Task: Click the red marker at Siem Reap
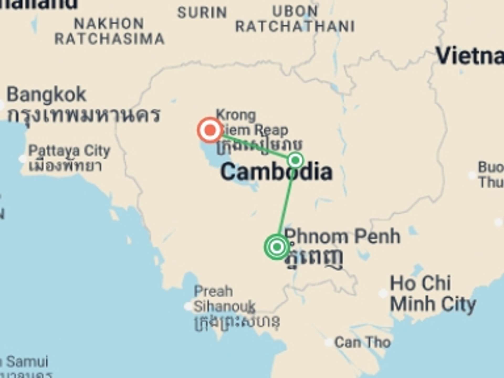(210, 130)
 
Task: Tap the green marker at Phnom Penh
(277, 247)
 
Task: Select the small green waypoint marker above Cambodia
(296, 160)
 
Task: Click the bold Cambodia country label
(276, 172)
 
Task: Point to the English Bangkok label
(46, 94)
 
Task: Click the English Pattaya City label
(69, 151)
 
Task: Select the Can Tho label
(363, 343)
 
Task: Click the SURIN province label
(202, 13)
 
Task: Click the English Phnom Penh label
(342, 237)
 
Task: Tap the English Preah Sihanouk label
(224, 299)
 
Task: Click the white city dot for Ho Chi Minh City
(383, 293)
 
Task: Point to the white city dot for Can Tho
(329, 343)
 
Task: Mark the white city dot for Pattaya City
(23, 159)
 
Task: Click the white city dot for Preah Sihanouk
(188, 306)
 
